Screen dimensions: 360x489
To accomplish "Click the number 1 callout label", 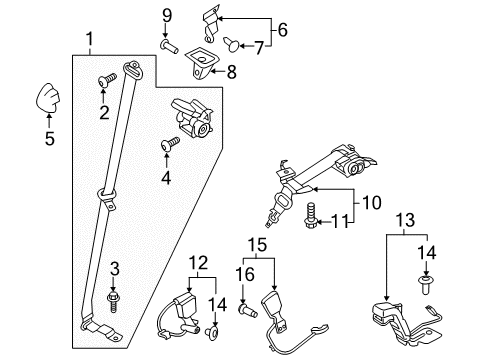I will click(x=89, y=40).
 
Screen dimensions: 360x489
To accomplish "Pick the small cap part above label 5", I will click(x=47, y=97).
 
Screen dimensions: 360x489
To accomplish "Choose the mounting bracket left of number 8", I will click(x=205, y=64).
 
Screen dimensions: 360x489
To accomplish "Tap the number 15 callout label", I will click(x=257, y=243).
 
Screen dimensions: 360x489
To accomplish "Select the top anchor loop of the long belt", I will click(x=133, y=71).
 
